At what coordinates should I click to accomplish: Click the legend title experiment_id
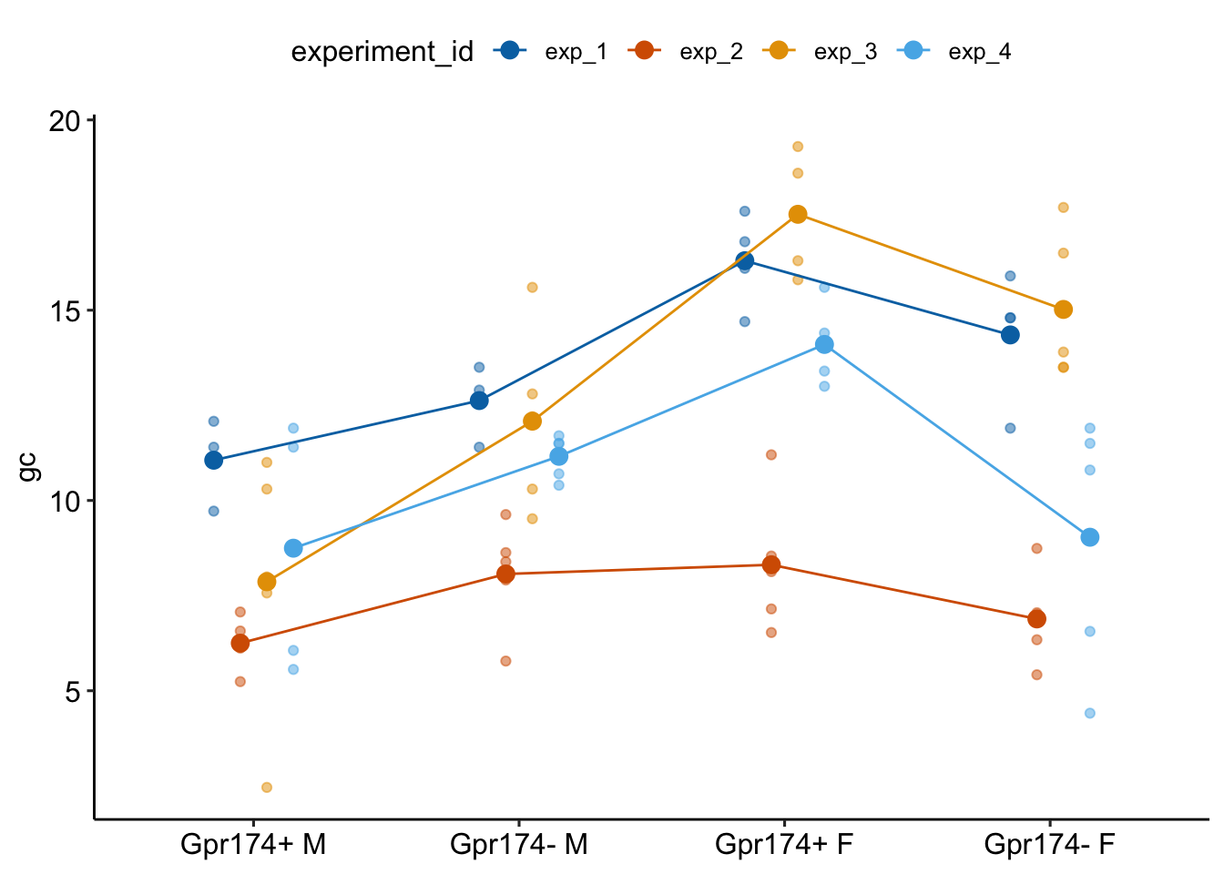(382, 52)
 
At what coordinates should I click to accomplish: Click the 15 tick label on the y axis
(65, 310)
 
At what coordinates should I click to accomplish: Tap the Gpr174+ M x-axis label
(253, 845)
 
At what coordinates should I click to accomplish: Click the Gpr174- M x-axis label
(519, 845)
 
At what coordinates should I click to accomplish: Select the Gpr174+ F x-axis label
(784, 845)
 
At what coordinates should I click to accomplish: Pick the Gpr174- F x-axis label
(1049, 845)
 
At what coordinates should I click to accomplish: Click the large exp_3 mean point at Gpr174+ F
(798, 214)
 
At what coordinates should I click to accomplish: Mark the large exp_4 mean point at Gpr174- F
(1090, 537)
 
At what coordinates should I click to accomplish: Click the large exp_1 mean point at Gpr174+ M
(214, 460)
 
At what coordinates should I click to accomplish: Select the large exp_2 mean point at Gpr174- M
(505, 574)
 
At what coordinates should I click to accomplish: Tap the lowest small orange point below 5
(267, 788)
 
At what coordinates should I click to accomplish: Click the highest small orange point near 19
(798, 147)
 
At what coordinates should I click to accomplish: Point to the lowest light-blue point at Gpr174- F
(1090, 713)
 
